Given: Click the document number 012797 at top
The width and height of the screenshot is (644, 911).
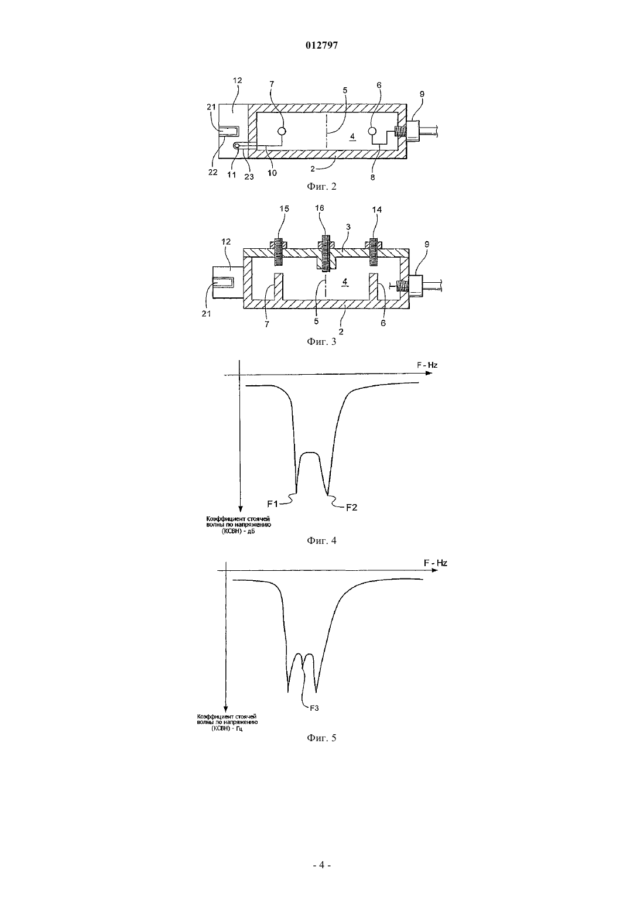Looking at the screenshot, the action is point(321,45).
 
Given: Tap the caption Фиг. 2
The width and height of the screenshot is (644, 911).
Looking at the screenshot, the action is point(321,186).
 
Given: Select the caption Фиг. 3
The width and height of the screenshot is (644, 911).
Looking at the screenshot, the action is point(321,341).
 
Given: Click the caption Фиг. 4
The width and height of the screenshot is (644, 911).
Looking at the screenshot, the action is point(321,540).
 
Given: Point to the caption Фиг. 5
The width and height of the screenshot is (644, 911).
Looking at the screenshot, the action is point(321,738).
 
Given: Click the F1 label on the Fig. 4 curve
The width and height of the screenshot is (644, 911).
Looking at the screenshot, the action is point(272,504).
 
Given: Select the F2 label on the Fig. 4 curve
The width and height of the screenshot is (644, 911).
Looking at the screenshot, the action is point(352,508).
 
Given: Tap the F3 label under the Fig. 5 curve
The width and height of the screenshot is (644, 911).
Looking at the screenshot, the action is point(314,708).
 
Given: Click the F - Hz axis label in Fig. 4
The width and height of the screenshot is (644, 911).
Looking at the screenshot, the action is point(427,365).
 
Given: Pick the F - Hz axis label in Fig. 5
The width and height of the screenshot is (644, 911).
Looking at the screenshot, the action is point(436,563).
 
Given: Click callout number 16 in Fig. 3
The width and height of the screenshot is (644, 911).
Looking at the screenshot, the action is point(320,208).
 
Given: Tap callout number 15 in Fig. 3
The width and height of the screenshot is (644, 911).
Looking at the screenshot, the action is point(284,208).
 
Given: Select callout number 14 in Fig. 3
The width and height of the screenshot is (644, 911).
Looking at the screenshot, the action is point(377,210).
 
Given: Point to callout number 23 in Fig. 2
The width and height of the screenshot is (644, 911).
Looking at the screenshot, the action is point(249,176).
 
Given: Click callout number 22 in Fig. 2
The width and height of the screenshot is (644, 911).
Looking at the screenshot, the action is point(213,172).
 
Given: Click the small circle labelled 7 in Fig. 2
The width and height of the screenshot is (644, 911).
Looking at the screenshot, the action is point(282,131).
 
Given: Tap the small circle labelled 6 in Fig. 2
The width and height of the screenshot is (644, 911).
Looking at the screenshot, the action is point(372,131).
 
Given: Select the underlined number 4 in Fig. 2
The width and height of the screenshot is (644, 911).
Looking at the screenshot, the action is point(352,137).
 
